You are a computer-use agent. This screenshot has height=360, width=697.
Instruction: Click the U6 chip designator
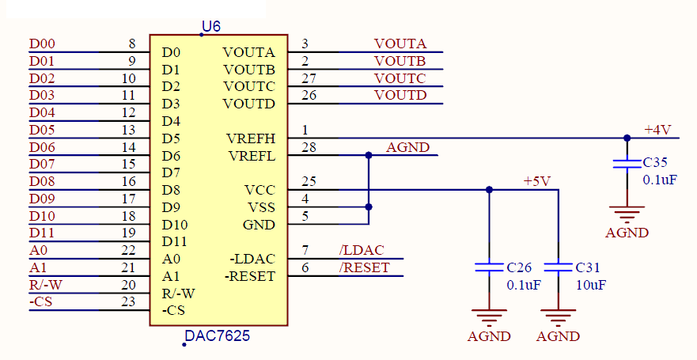click(211, 27)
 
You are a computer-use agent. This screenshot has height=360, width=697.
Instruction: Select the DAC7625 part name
click(217, 336)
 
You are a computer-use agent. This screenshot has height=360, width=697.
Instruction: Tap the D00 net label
click(42, 44)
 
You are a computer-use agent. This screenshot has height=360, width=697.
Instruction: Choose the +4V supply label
click(657, 130)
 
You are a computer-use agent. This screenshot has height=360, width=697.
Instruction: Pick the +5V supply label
click(536, 181)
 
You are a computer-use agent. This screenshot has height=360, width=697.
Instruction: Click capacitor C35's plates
click(627, 164)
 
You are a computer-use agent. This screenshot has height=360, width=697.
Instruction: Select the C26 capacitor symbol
click(489, 267)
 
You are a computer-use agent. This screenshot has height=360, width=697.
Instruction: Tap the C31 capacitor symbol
click(559, 267)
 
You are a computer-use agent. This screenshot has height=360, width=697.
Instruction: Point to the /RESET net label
click(364, 267)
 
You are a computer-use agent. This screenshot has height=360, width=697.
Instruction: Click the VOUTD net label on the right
click(400, 96)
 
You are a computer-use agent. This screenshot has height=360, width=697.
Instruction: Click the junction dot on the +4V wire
click(627, 138)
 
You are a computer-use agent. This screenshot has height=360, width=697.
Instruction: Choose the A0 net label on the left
click(37, 250)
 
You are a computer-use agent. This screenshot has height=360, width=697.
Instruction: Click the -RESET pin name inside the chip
click(250, 276)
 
